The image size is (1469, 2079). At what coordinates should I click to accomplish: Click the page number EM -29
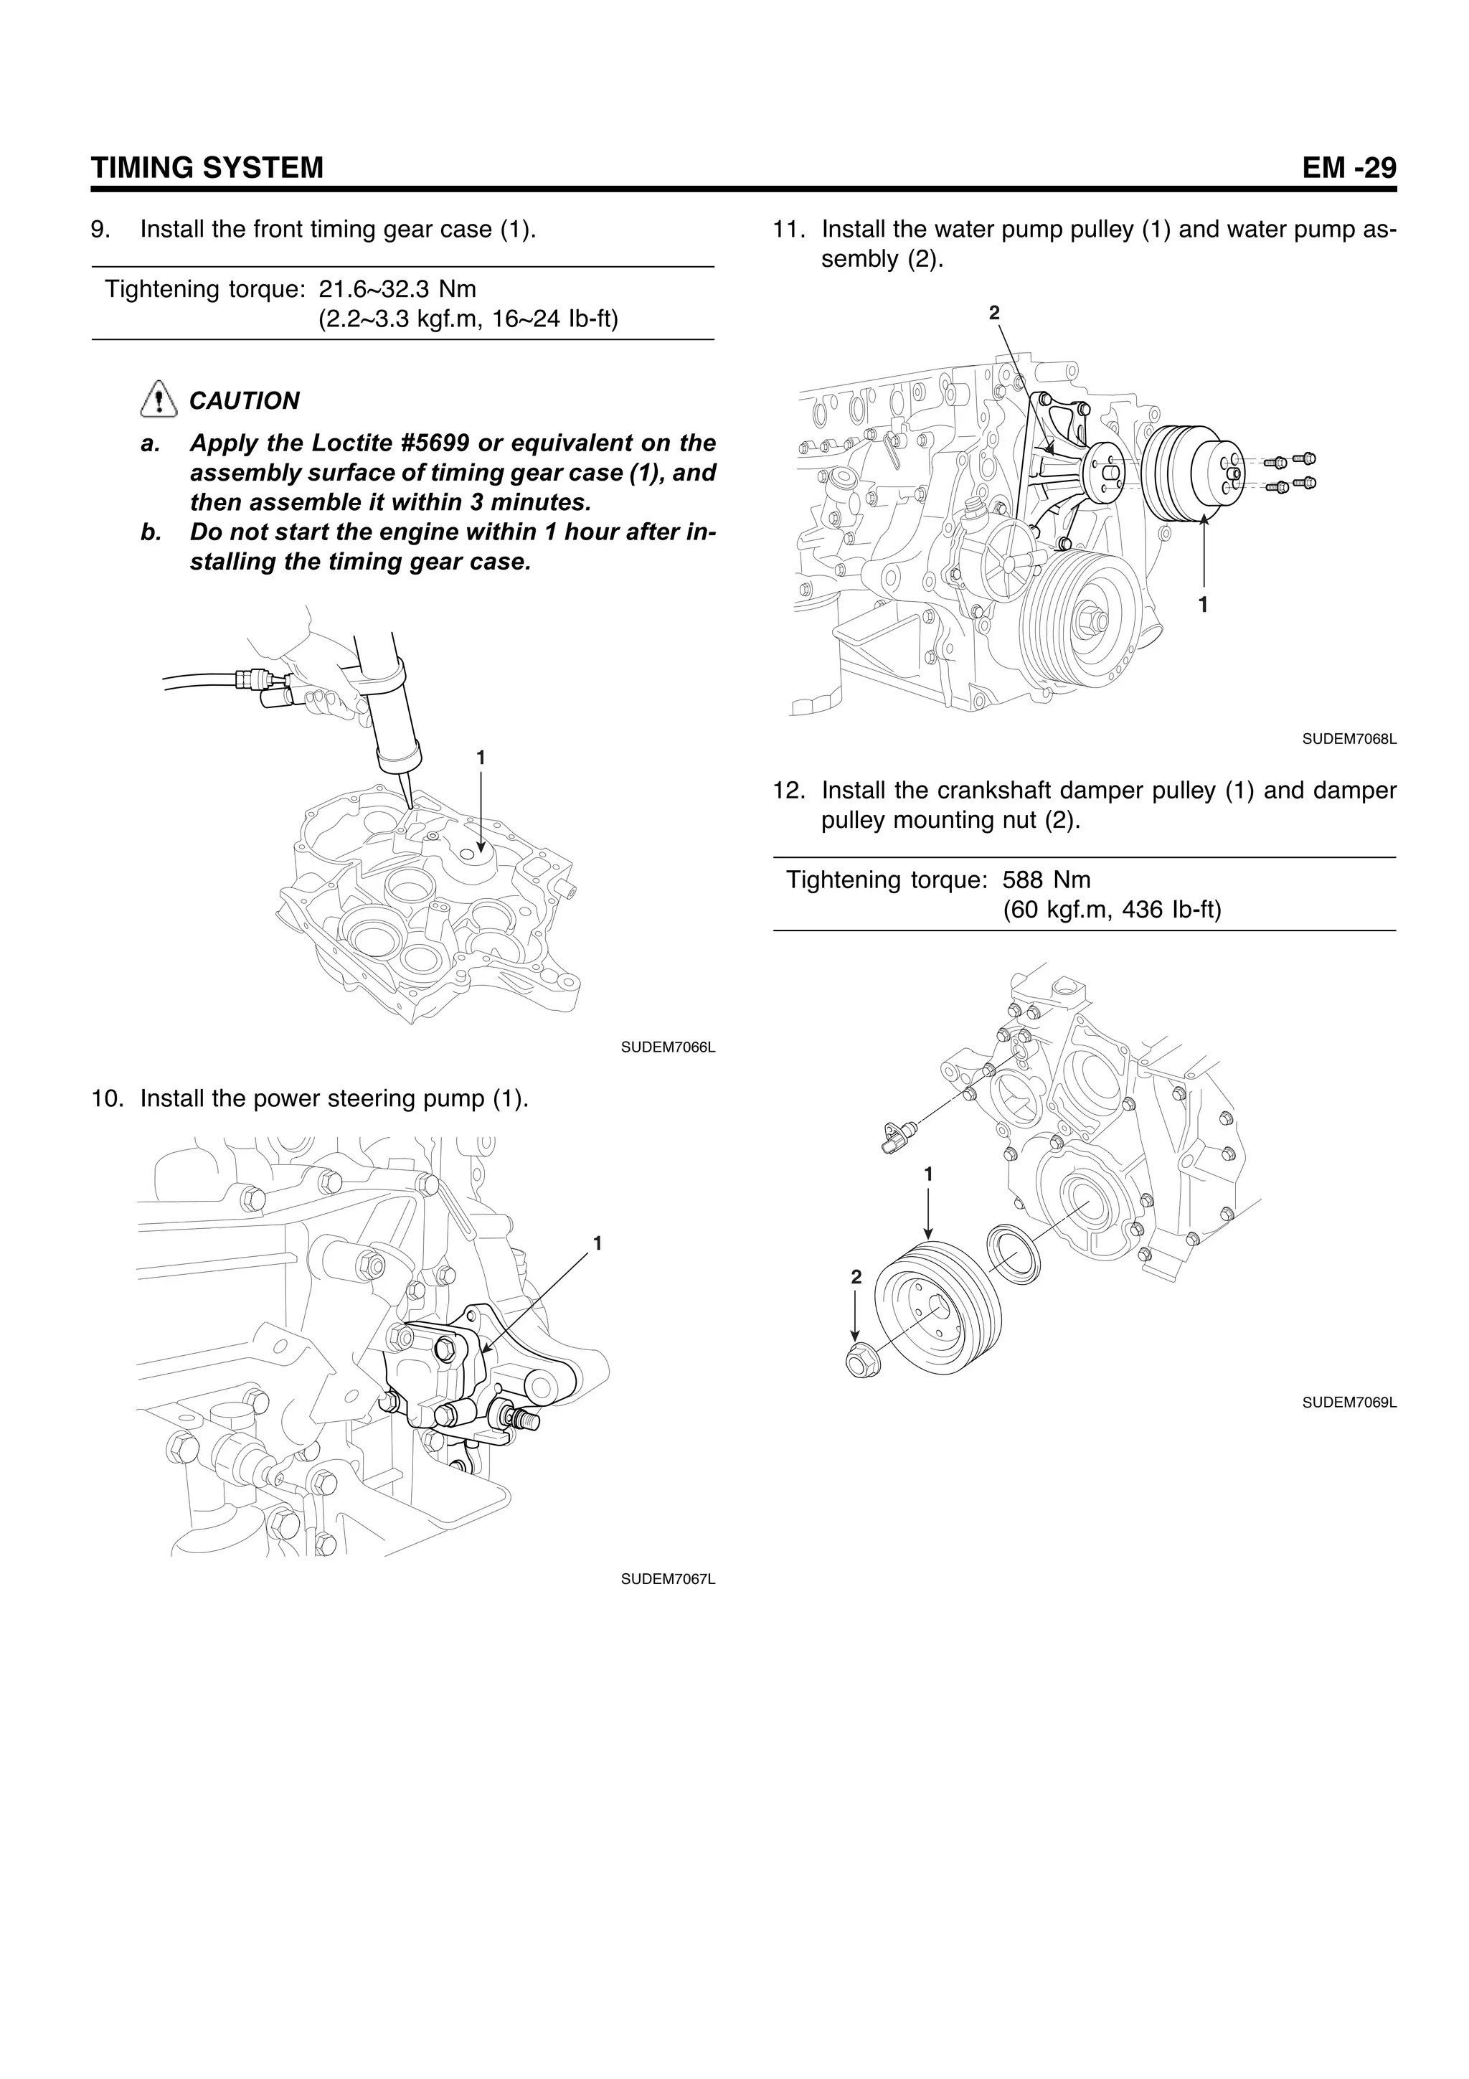point(1348,168)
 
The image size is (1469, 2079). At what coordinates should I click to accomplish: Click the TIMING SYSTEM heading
point(207,168)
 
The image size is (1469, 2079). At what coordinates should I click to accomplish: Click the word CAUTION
point(245,400)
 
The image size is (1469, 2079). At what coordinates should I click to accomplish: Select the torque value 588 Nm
point(1047,880)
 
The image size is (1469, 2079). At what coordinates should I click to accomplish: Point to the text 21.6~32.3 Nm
point(397,289)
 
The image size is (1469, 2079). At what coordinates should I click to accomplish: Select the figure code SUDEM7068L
point(1348,739)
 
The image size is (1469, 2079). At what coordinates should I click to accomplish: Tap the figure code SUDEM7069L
point(1348,1402)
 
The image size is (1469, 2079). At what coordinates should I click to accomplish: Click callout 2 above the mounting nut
point(856,1278)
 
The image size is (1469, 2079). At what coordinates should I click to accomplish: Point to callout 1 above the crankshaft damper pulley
point(927,1174)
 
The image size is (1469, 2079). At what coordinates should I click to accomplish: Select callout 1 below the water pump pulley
point(1204,605)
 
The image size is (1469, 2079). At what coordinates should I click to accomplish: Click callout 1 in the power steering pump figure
point(597,1243)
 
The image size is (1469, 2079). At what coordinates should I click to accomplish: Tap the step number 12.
point(788,791)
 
